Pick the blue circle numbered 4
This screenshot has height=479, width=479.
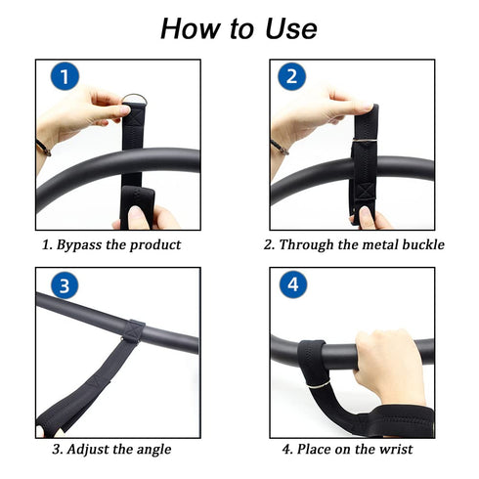coord(291,286)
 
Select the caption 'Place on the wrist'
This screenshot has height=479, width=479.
coord(347,450)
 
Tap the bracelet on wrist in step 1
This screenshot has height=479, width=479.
coord(42,148)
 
